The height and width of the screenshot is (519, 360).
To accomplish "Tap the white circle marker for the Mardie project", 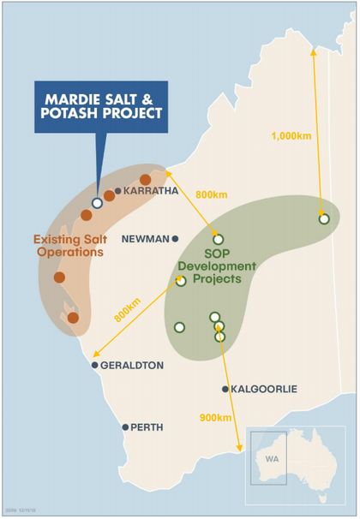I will tap(97, 203).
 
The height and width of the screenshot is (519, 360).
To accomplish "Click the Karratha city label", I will tap(151, 191).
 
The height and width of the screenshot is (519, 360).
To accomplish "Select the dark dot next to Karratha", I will tap(118, 191).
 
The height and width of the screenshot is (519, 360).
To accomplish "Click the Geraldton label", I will tap(132, 365).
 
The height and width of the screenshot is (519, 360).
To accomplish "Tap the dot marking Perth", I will tap(125, 427).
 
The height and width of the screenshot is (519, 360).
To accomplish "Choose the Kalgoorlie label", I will tap(264, 389).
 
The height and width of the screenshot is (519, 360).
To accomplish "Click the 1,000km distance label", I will tap(294, 135).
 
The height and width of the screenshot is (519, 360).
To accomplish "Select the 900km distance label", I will tap(217, 418).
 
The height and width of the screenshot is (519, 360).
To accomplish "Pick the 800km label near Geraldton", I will tap(127, 310).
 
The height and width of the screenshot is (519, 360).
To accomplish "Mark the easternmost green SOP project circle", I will tap(324, 219).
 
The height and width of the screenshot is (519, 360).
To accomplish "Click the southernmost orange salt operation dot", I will tap(73, 318).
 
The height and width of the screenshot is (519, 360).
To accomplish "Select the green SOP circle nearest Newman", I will tap(218, 239).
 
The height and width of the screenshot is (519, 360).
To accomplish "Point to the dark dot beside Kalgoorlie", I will tap(225, 389).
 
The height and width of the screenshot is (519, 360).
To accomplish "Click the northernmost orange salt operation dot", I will tap(145, 179).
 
